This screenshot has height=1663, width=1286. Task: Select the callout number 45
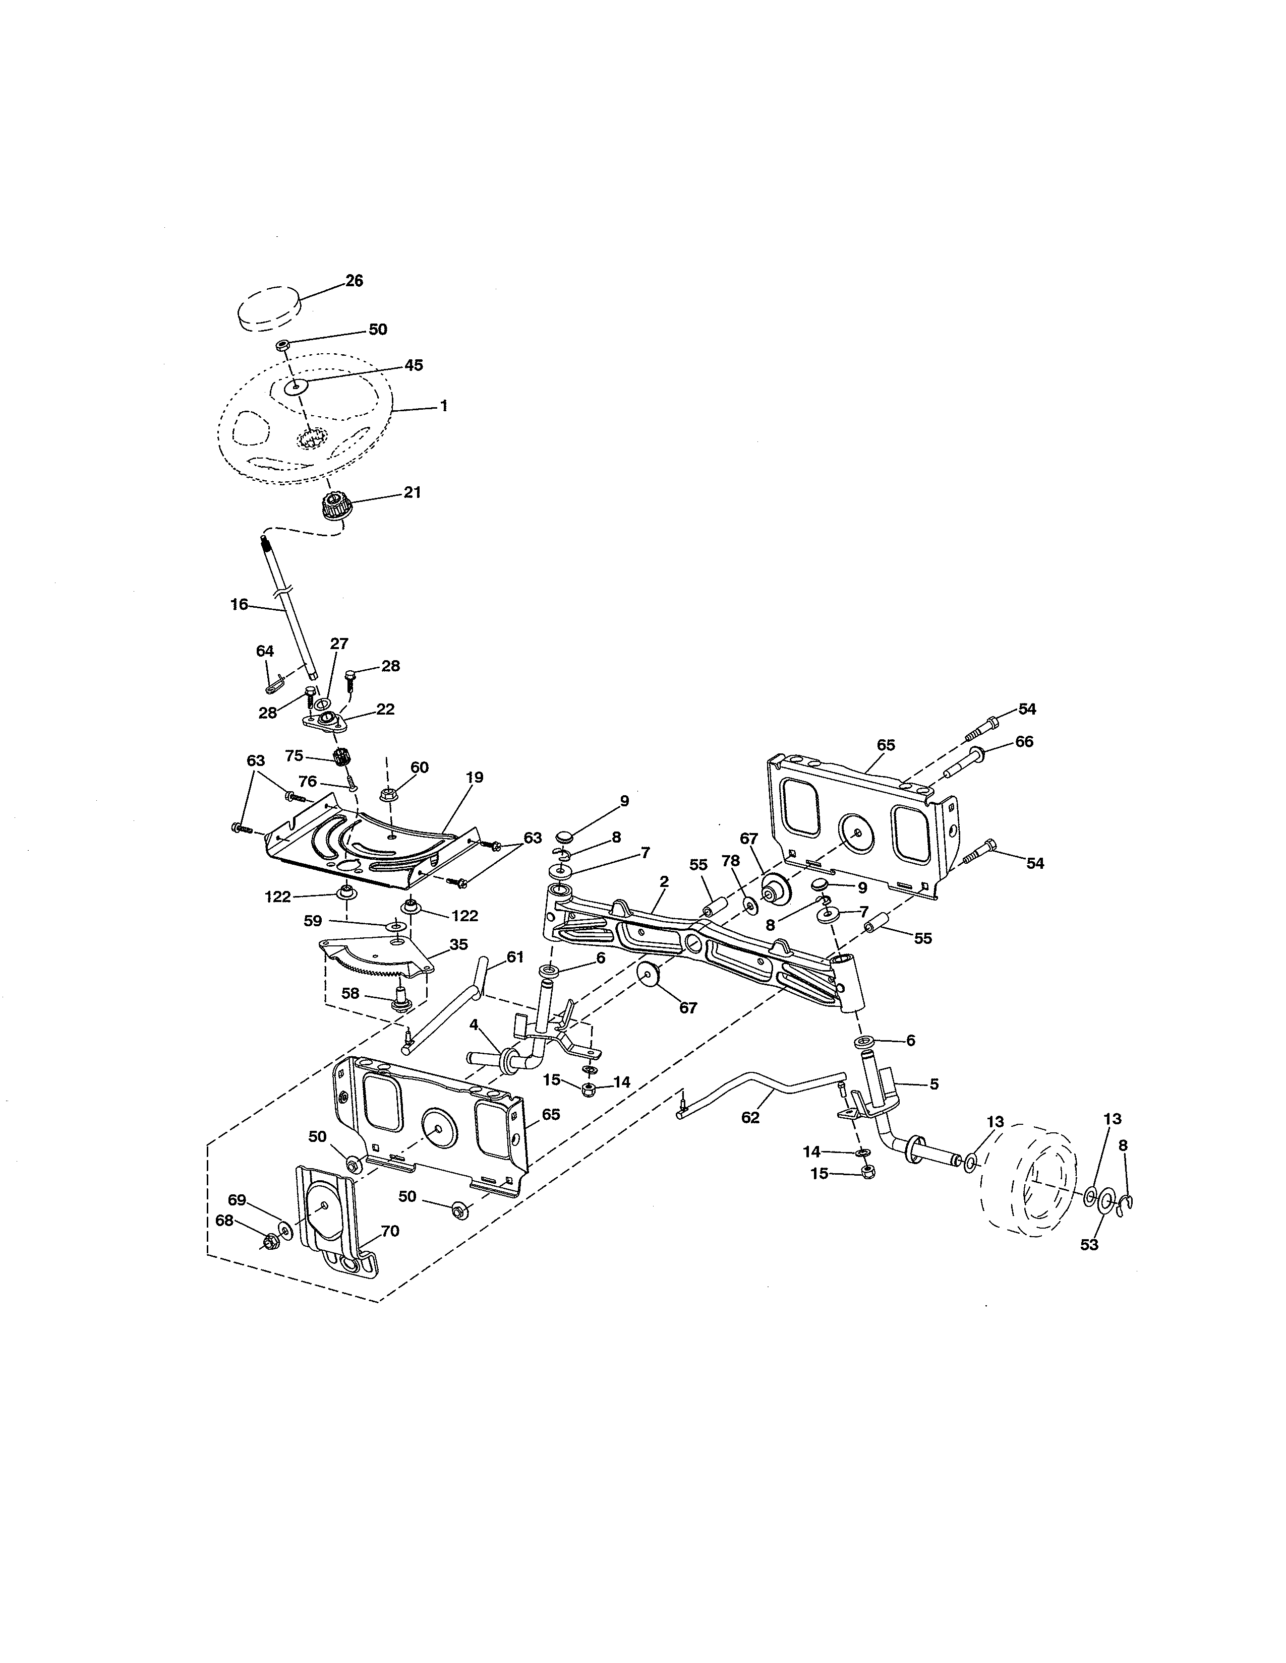coord(413,365)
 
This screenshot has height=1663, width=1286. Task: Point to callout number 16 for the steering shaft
coord(239,605)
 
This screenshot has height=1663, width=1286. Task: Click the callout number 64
coord(264,651)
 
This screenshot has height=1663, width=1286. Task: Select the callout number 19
coord(474,778)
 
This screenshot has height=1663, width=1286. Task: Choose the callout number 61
coord(515,957)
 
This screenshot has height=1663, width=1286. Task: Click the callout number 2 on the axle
coord(664,882)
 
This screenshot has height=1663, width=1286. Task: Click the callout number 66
coord(1024,742)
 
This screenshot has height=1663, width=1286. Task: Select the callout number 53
coord(1089,1244)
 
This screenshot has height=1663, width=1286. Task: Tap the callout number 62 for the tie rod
coord(750,1118)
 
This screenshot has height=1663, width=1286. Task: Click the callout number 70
coord(389,1231)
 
